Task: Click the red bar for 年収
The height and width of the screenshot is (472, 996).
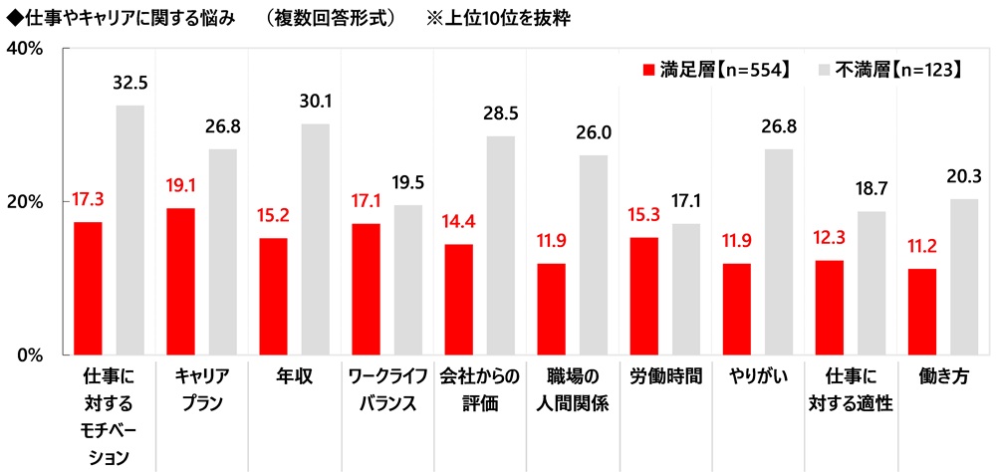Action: pos(273,296)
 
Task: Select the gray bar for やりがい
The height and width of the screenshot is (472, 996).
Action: pos(778,251)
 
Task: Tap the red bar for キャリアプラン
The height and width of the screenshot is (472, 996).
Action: pos(180,281)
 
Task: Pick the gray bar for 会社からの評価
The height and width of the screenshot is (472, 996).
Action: pos(500,245)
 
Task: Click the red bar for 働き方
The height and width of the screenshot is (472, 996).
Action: pos(921,311)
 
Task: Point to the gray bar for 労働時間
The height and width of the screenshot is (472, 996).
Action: pos(685,289)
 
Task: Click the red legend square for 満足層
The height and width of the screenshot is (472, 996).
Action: pos(647,70)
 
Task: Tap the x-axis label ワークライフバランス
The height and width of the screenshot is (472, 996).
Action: pos(387,389)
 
